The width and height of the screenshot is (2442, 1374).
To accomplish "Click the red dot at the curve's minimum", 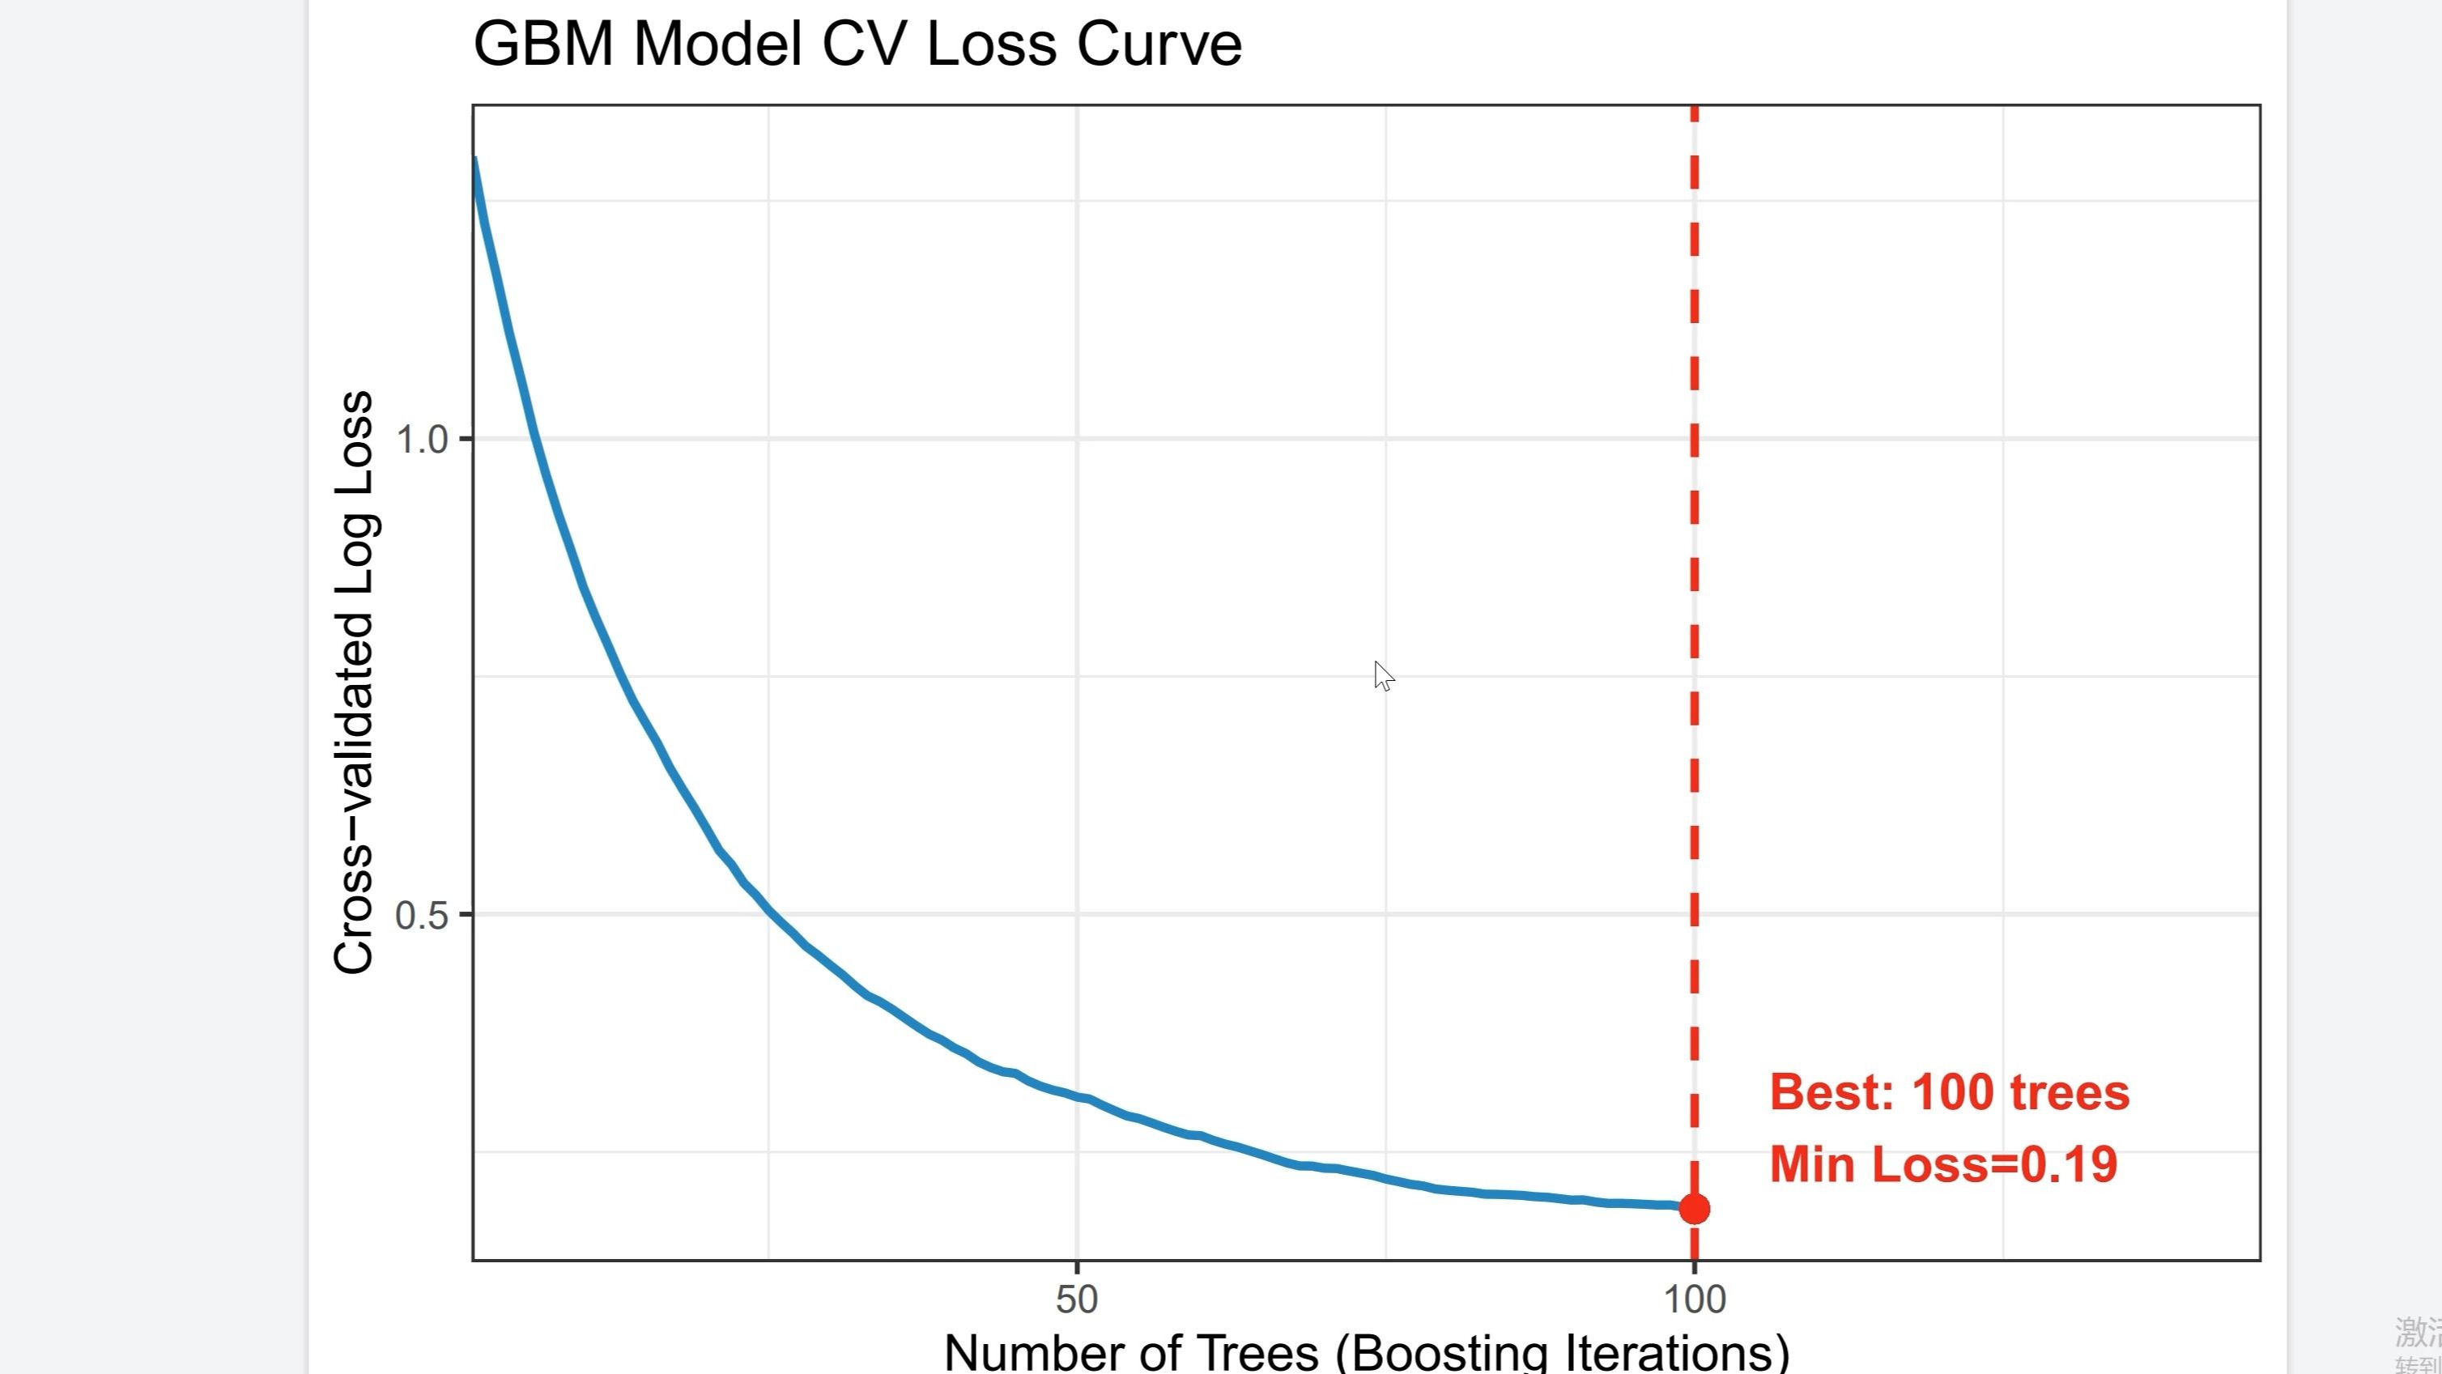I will pos(1694,1209).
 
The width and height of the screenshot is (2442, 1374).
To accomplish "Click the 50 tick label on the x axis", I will pos(1076,1299).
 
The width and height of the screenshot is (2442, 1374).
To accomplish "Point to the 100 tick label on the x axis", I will pos(1695,1299).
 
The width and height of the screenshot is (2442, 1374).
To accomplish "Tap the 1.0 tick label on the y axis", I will pos(422,439).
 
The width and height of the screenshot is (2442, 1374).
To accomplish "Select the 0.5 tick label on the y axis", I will pos(422,915).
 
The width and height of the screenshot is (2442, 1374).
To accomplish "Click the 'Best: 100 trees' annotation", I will pos(1949,1092).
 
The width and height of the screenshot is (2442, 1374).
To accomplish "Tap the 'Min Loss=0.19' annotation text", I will pos(1943,1164).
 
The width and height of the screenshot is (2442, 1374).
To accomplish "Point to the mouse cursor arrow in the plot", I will pos(1382,674).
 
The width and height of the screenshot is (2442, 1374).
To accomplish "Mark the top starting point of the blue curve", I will pos(475,161).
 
